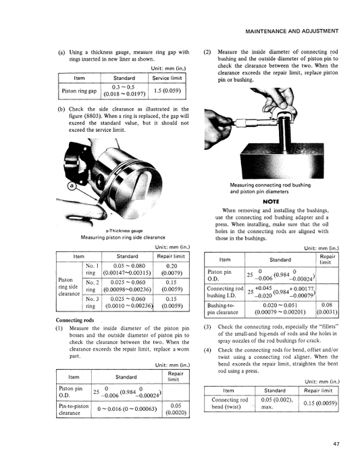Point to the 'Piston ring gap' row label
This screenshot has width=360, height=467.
point(80,91)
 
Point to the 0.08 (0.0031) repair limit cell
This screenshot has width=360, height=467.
point(327,310)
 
